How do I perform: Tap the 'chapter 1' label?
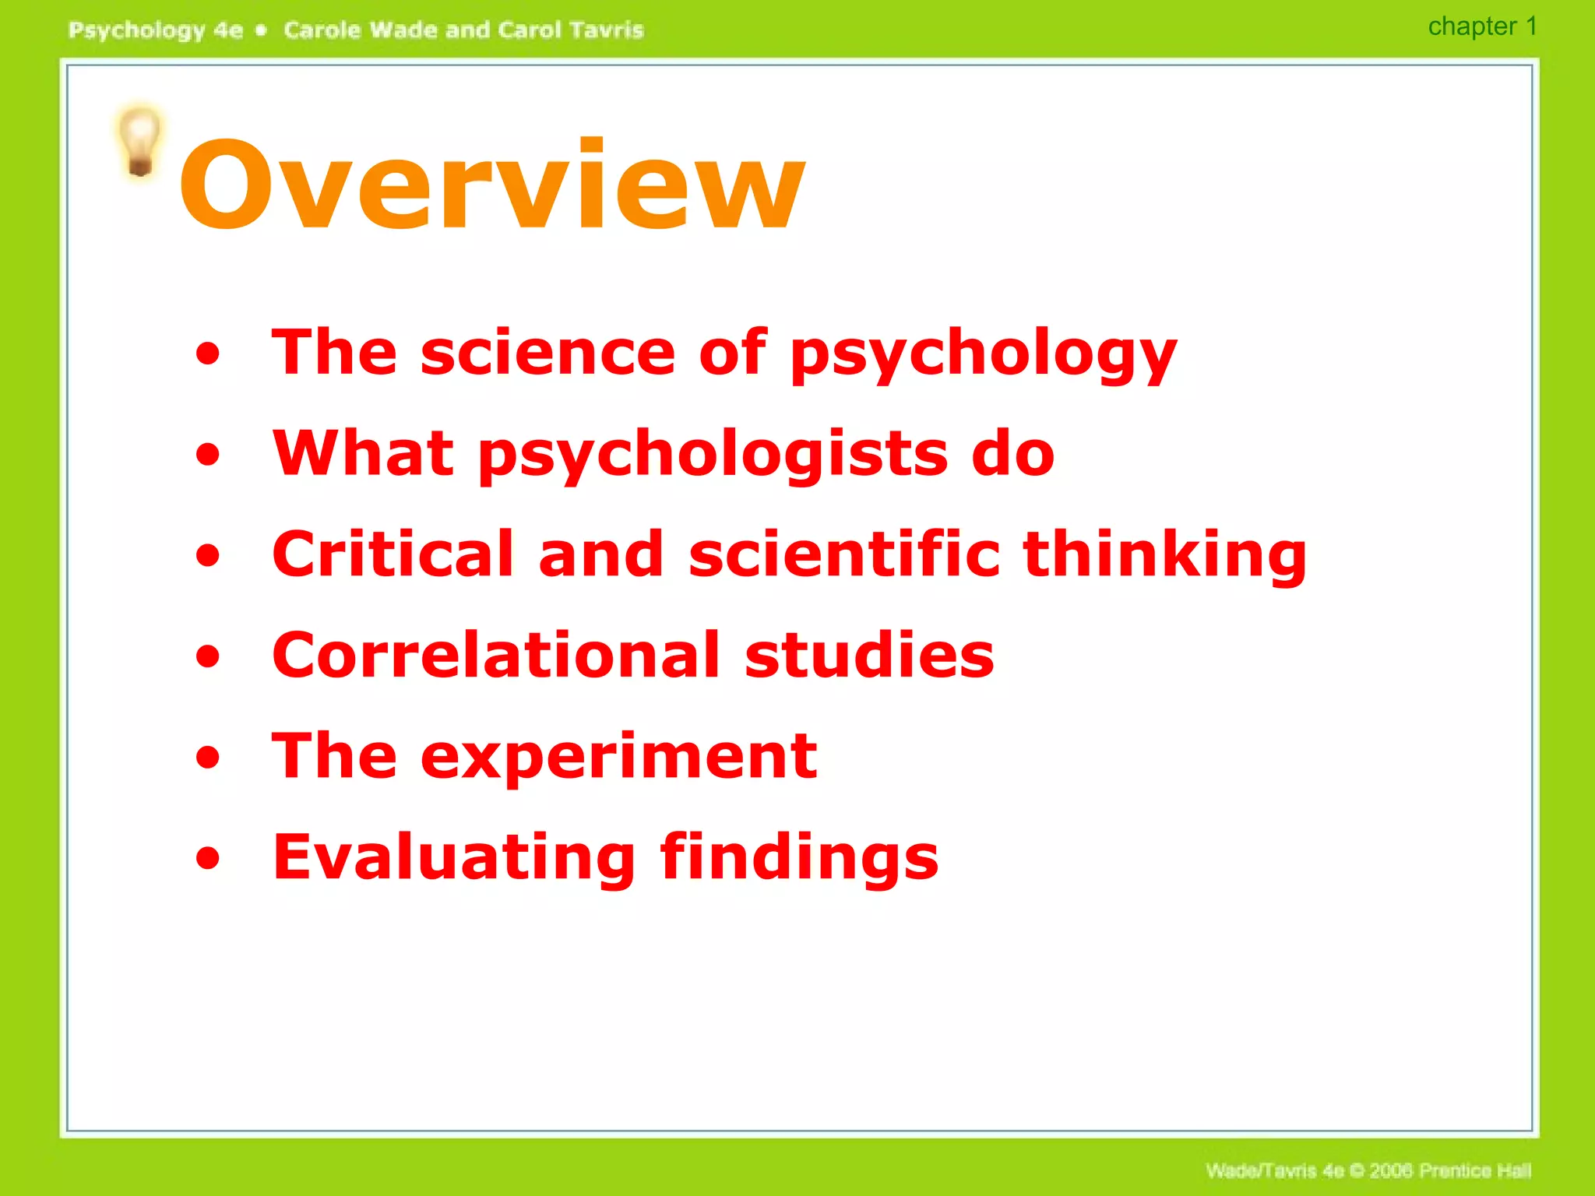[1481, 26]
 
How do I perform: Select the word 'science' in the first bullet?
[547, 352]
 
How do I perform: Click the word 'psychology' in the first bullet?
[983, 355]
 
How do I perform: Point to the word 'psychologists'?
[713, 456]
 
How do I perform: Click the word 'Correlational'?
[496, 655]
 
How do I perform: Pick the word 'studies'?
[869, 655]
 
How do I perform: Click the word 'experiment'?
[618, 758]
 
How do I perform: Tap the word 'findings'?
[799, 859]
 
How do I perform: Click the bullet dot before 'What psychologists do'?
[208, 455]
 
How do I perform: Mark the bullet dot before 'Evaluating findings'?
[208, 858]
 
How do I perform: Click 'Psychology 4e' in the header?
[156, 30]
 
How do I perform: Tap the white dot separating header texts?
[262, 30]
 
